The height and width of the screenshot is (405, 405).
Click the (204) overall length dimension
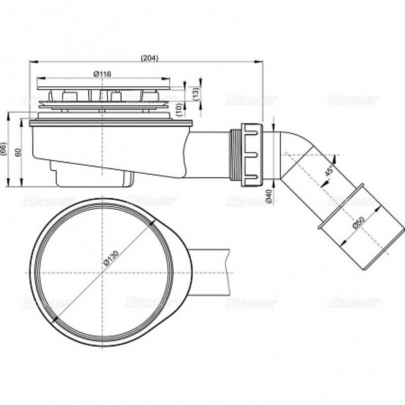pyautogui.click(x=149, y=58)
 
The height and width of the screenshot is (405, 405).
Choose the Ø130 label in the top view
pyautogui.click(x=110, y=257)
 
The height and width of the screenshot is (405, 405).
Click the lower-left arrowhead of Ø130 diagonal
pyautogui.click(x=55, y=320)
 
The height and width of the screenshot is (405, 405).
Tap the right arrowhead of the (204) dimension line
pyautogui.click(x=261, y=62)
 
